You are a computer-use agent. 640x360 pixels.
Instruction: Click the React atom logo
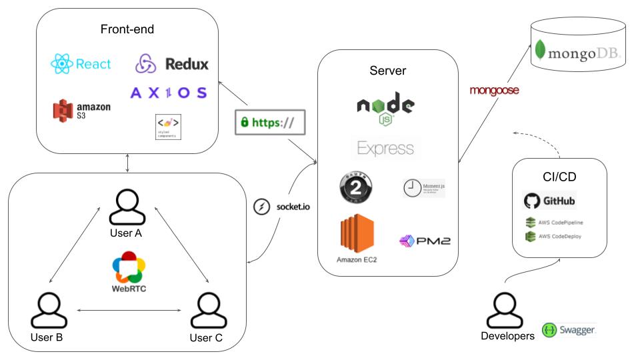pyautogui.click(x=61, y=65)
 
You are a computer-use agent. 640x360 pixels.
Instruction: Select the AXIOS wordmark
pyautogui.click(x=169, y=93)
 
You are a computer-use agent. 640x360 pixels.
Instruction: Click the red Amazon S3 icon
pyautogui.click(x=62, y=111)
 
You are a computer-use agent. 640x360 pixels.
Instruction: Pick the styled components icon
pyautogui.click(x=167, y=125)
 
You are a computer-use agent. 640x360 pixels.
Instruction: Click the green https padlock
pyautogui.click(x=245, y=123)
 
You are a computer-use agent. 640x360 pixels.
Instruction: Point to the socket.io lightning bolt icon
pyautogui.click(x=261, y=207)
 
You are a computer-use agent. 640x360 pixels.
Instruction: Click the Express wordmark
pyautogui.click(x=385, y=148)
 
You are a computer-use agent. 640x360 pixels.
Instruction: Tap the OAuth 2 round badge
pyautogui.click(x=356, y=187)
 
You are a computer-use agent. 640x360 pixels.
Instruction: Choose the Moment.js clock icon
pyautogui.click(x=412, y=188)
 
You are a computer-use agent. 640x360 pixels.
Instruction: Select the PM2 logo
pyautogui.click(x=425, y=240)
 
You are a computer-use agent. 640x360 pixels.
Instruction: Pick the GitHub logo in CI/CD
pyautogui.click(x=531, y=200)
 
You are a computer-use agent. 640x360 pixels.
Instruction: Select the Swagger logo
pyautogui.click(x=550, y=330)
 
